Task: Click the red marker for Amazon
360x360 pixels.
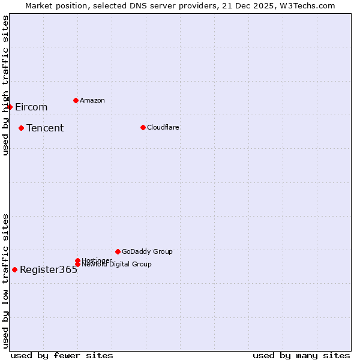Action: point(76,100)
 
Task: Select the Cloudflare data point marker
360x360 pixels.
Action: point(143,127)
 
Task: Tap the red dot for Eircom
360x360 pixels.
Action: point(10,107)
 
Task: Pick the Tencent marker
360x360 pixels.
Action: point(21,128)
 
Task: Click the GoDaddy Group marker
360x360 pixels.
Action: point(118,251)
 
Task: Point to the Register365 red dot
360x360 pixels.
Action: point(14,269)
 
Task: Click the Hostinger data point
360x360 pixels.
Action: point(77,260)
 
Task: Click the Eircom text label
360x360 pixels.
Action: point(31,107)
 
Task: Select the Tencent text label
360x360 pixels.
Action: point(45,128)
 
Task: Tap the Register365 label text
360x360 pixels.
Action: point(49,270)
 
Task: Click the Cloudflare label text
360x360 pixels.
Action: point(163,127)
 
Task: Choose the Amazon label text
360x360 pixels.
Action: point(92,100)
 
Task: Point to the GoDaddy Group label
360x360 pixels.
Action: point(147,251)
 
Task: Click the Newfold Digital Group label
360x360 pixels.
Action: point(117,265)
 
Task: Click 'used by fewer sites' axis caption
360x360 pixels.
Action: point(62,355)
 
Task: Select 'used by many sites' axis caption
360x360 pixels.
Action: point(301,355)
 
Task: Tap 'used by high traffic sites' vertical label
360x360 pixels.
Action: point(5,86)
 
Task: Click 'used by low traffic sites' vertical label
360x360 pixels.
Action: point(5,281)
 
